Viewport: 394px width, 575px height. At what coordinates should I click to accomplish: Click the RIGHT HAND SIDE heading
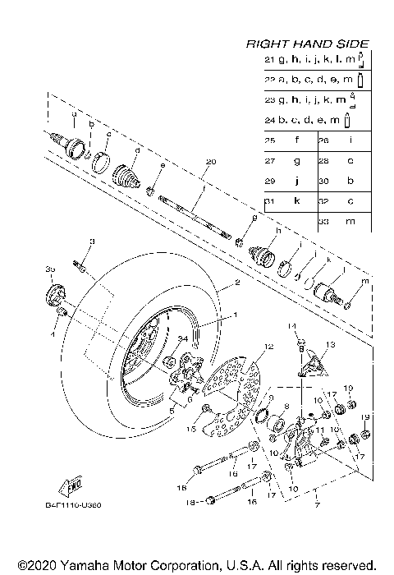pyautogui.click(x=307, y=44)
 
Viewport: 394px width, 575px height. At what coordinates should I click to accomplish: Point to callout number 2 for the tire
pyautogui.click(x=237, y=283)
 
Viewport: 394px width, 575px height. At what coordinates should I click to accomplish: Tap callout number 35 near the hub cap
pyautogui.click(x=49, y=269)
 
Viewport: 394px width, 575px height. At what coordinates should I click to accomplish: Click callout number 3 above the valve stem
pyautogui.click(x=92, y=241)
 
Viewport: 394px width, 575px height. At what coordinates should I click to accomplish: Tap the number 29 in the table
pyautogui.click(x=268, y=181)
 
